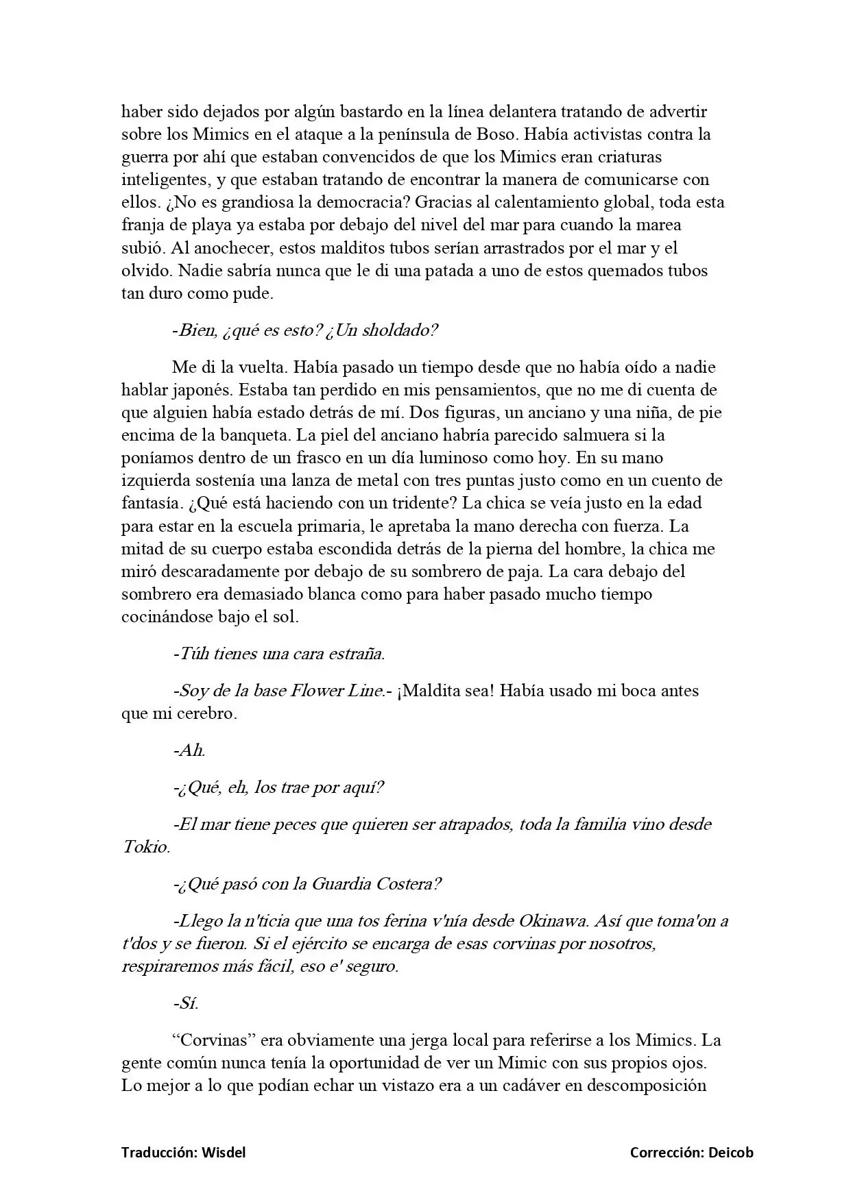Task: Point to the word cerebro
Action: pos(208,713)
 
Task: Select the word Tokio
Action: pos(145,847)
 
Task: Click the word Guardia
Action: pos(342,884)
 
